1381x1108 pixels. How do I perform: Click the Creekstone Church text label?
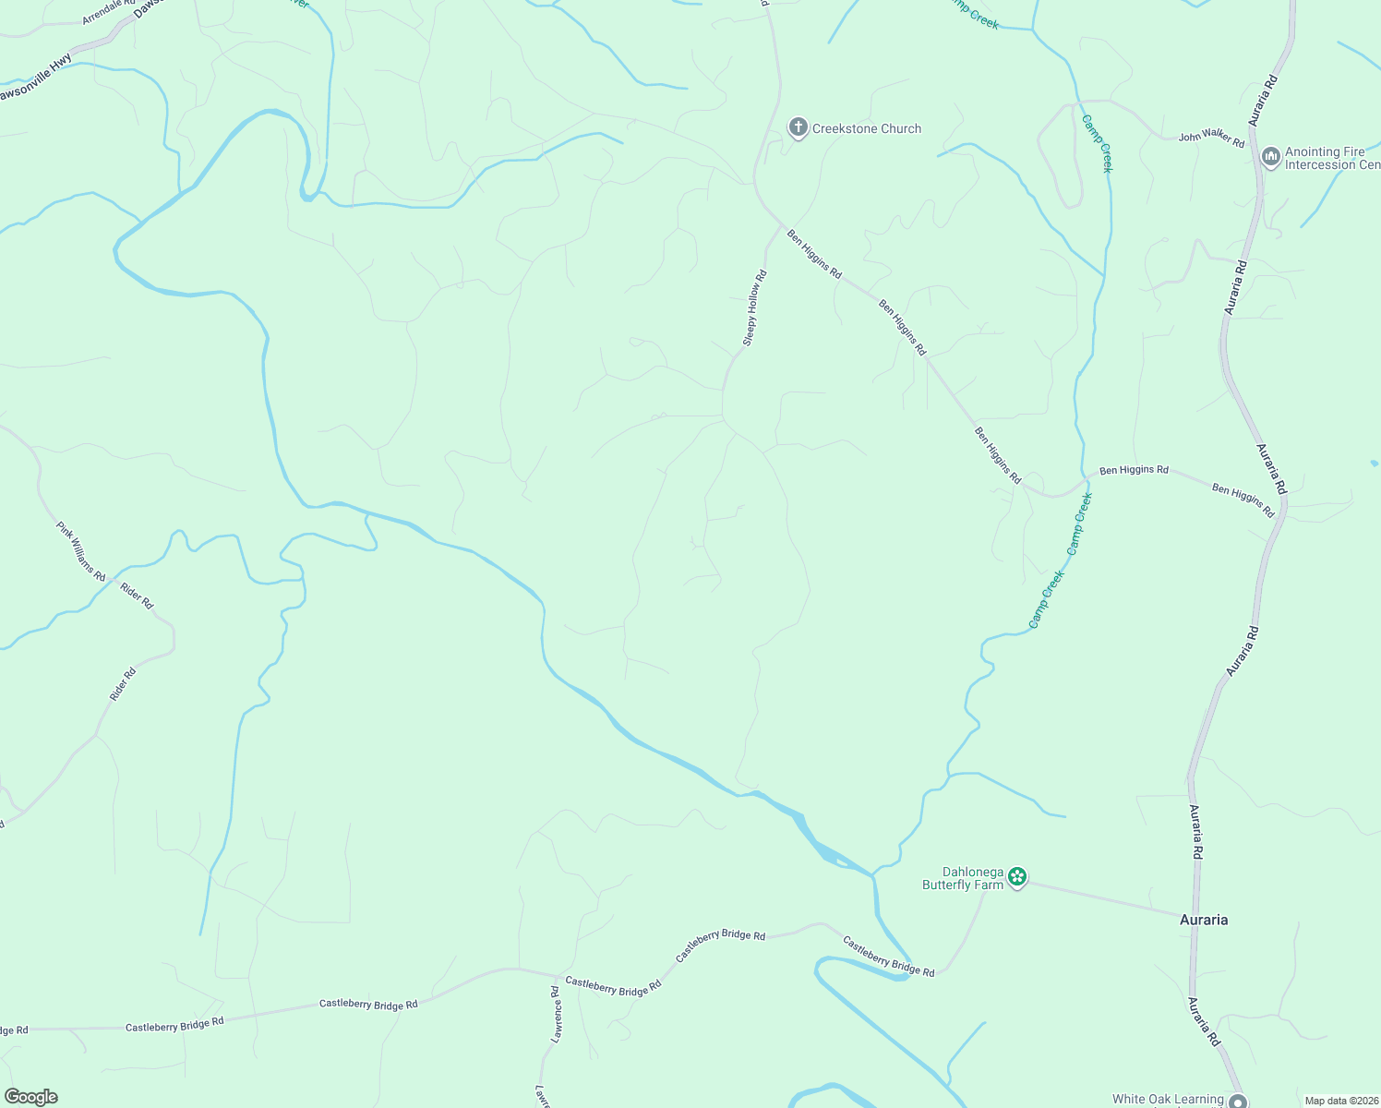(866, 129)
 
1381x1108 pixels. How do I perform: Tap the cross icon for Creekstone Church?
(798, 127)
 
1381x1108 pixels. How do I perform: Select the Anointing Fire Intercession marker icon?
(1271, 157)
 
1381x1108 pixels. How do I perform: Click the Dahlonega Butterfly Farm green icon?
(1017, 876)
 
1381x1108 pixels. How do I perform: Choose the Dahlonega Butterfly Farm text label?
(963, 878)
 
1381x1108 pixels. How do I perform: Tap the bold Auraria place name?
(1204, 920)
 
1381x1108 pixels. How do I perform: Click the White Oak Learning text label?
(1168, 1099)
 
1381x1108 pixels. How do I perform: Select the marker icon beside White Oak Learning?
(1238, 1101)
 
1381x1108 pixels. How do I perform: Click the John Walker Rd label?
(1211, 138)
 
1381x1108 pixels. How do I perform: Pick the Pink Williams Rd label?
(81, 551)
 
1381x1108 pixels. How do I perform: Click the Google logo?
(31, 1097)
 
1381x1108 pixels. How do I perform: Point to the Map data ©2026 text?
(1341, 1101)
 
